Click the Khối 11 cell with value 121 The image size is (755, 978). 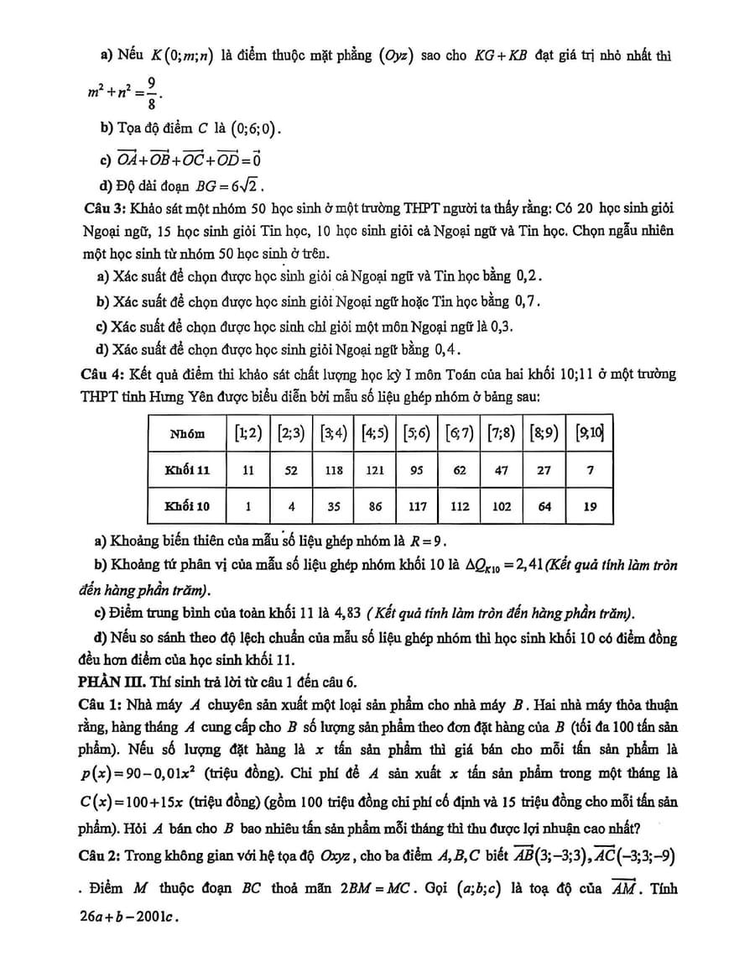[375, 471]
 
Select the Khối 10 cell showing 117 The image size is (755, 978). [417, 506]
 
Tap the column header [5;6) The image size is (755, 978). [417, 433]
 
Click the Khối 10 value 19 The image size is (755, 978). [590, 506]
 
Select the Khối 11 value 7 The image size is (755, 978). [590, 471]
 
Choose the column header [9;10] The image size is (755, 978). [590, 433]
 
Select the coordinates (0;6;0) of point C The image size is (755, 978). [249, 130]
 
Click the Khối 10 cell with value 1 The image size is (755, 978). [248, 506]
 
